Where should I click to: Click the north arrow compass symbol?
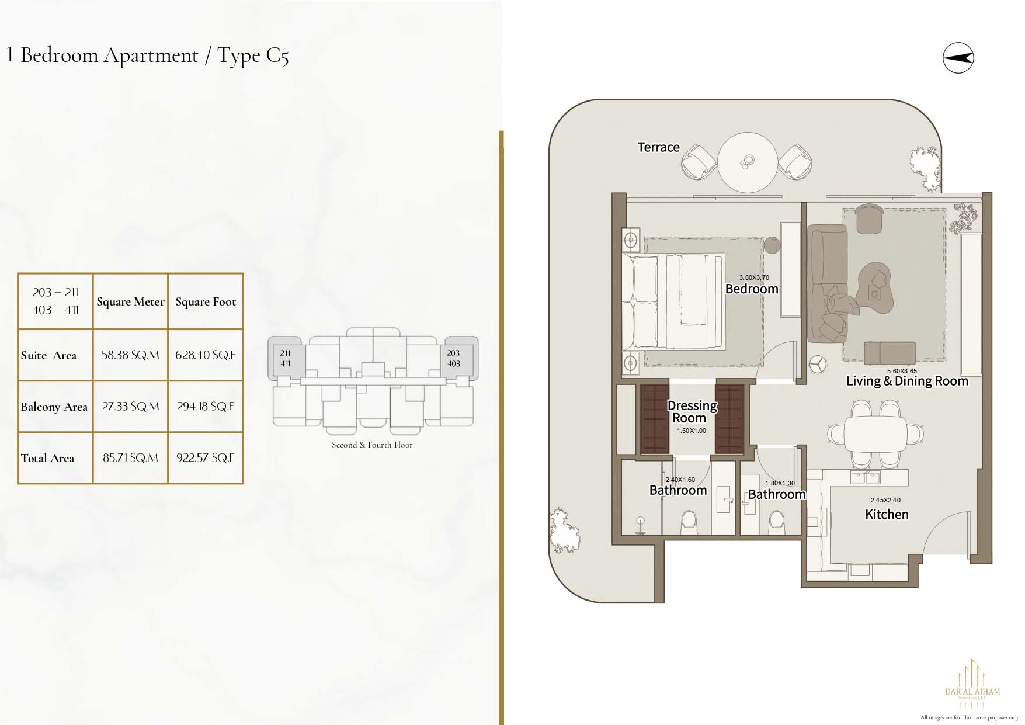coord(958,57)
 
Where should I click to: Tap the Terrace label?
coord(658,147)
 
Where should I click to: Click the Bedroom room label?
coord(752,289)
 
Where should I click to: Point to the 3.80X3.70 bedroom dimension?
coord(754,277)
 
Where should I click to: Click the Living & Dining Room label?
coord(907,381)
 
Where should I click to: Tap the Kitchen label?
coord(887,514)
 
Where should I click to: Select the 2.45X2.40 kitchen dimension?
coord(885,500)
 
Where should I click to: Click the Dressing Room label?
coord(692,411)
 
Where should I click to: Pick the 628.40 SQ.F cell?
coord(206,355)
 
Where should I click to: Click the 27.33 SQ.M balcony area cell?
coord(130,406)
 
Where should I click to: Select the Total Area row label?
coord(47,458)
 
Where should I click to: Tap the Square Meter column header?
coord(130,301)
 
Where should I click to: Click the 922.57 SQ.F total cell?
coord(206,457)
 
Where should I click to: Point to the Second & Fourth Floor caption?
coord(372,445)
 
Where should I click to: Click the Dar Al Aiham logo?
coord(972,684)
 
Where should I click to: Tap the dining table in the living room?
coord(876,433)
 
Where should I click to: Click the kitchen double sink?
coord(866,478)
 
